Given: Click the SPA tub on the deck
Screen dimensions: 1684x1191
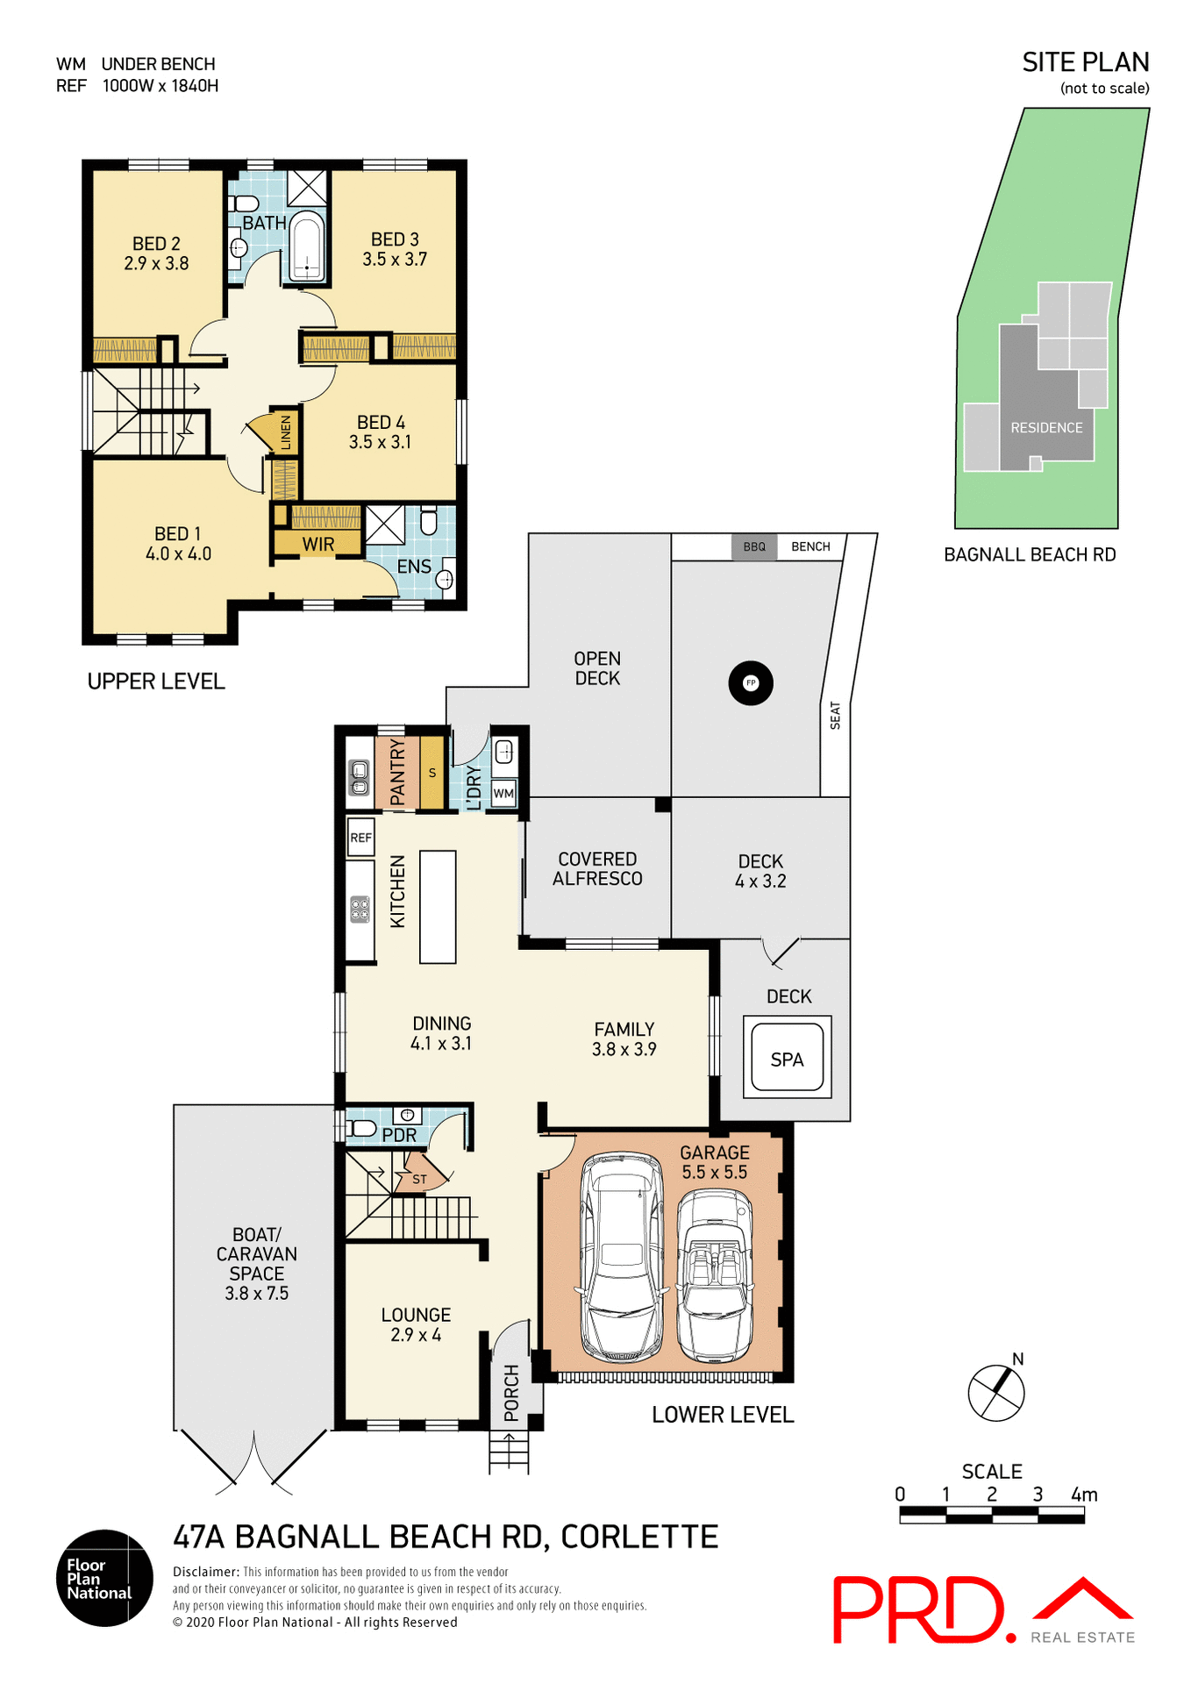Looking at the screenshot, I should coord(787,1059).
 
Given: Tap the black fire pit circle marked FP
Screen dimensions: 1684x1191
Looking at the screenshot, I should coord(751,682).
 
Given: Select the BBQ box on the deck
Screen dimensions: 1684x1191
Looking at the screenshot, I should coord(754,546).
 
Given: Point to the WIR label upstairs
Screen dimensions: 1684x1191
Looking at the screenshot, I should coord(318,544).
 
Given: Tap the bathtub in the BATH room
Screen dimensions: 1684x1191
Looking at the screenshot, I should coord(307,246).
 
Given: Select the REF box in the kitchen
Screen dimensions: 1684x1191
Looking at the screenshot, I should coord(360,838).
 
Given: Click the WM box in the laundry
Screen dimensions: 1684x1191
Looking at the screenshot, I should coord(503,793).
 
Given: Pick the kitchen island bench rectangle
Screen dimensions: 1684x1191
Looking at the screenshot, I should coord(438,907).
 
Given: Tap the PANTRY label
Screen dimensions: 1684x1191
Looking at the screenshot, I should coord(397,772).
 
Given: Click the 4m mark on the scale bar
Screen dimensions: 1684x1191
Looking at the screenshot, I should coord(1084,1495).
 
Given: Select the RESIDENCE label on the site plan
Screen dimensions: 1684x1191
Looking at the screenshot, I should coord(1046,428).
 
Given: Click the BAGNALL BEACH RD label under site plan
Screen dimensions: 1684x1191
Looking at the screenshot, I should coord(1030,554).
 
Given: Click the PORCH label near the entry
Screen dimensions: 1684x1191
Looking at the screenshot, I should coord(511,1392).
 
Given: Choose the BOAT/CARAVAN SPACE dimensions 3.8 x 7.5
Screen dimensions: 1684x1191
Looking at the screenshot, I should coord(256,1293).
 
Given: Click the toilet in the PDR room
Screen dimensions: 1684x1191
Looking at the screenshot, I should coord(362,1129).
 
